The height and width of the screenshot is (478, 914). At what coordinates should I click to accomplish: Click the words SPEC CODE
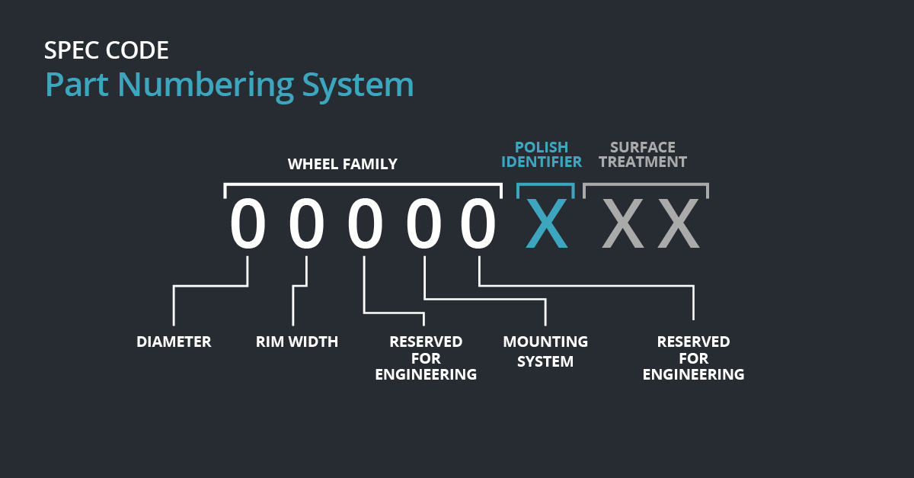point(107,50)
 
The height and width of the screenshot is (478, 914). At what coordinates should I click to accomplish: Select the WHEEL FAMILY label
point(342,164)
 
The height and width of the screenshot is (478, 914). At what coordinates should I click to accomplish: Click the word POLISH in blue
point(542,147)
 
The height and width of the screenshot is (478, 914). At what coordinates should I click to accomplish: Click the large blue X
point(546,223)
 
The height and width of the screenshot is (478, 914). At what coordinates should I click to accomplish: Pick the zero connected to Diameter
point(248,223)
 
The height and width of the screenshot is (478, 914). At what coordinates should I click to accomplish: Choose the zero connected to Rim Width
point(306,223)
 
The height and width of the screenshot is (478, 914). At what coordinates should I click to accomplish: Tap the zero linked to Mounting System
point(423,223)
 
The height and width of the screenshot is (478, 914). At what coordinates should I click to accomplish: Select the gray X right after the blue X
point(621,223)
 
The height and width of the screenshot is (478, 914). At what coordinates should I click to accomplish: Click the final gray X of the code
point(679,223)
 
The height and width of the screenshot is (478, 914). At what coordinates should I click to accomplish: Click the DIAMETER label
point(174,342)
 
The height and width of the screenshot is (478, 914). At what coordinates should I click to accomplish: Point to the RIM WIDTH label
point(297,342)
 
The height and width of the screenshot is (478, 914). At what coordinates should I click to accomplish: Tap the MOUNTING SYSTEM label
point(545,351)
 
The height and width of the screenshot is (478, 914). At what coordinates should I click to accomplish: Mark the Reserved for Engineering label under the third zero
point(426,358)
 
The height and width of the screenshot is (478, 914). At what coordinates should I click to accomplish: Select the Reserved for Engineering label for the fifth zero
point(693,358)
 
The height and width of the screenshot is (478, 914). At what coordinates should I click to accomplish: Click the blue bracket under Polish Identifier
point(546,184)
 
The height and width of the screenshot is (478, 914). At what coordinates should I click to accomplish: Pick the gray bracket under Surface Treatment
point(646,184)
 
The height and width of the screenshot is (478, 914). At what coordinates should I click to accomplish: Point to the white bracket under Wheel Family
point(363,184)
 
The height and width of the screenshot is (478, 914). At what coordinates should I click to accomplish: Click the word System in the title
point(358,85)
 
